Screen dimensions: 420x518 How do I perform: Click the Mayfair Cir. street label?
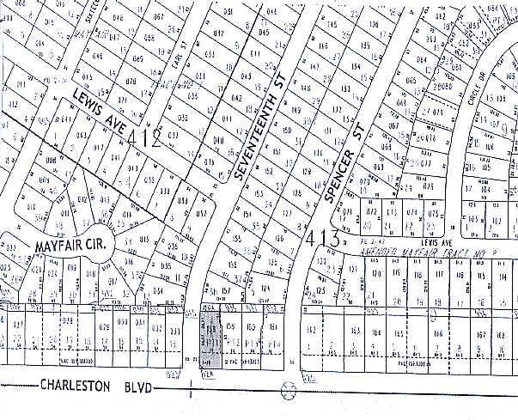click(71, 246)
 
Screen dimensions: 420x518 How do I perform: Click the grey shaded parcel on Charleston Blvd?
click(210, 340)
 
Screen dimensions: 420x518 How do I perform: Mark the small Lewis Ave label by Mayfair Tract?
click(442, 244)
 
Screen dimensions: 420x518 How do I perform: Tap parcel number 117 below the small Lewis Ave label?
click(438, 274)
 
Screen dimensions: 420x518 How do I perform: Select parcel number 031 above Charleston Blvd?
click(140, 326)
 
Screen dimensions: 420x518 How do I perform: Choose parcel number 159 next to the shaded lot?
click(231, 327)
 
